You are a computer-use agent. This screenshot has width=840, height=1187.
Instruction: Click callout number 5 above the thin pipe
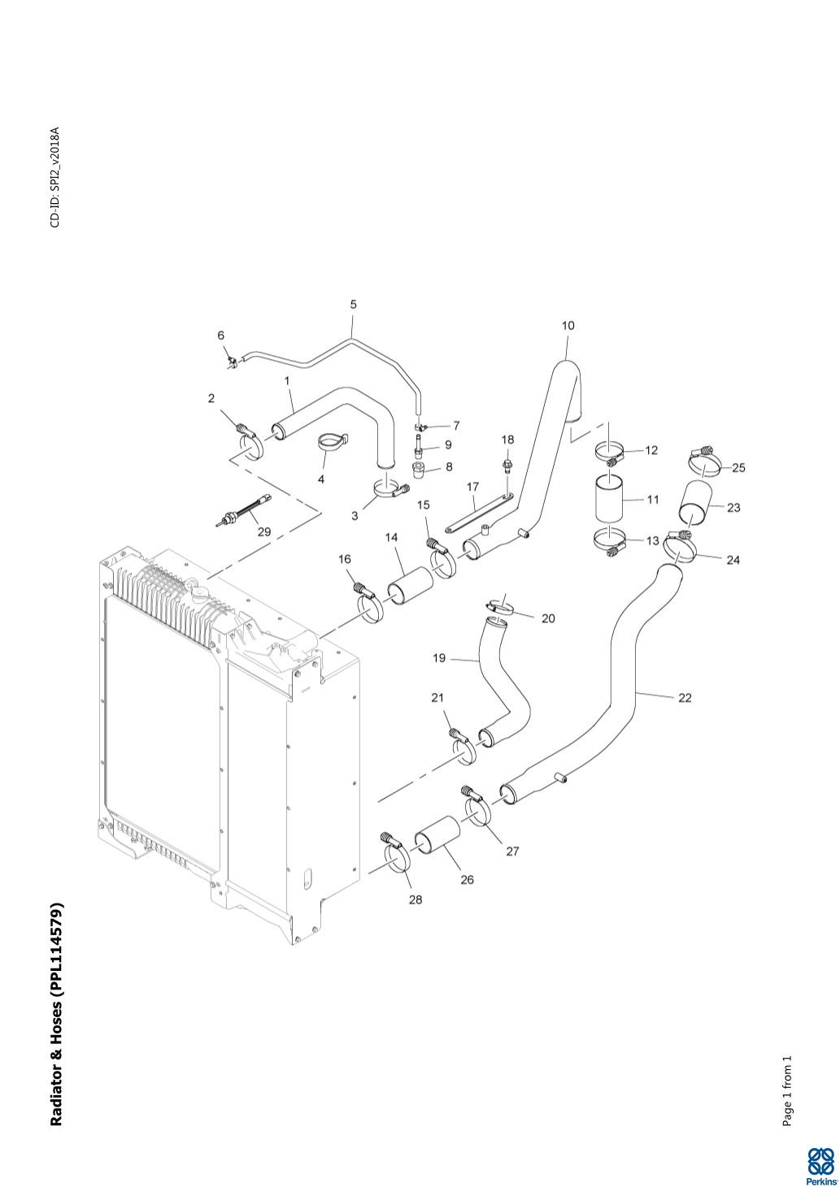click(x=353, y=305)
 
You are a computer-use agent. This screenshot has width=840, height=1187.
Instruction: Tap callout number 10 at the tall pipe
click(x=568, y=326)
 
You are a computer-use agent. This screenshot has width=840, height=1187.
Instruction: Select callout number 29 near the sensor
click(x=264, y=533)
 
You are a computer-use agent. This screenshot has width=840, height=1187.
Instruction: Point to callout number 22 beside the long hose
click(x=685, y=698)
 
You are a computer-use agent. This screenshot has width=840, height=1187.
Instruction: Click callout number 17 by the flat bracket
click(x=472, y=487)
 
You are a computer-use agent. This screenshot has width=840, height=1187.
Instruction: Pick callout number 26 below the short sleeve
click(x=467, y=880)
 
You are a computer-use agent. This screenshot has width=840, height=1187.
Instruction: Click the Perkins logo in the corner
click(x=820, y=1166)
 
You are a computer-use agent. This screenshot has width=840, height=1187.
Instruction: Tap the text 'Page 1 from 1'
click(x=786, y=1091)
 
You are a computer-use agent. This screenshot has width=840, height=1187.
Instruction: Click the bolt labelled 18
click(x=507, y=466)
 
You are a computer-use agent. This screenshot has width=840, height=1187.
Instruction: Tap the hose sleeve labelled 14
click(x=408, y=585)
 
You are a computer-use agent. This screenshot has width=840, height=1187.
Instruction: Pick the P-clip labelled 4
click(x=331, y=442)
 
